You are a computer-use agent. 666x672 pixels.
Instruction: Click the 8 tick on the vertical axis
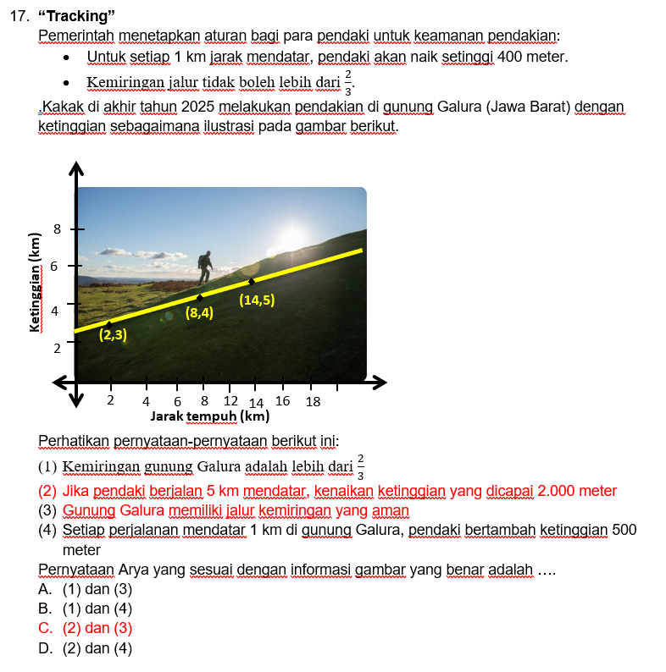tap(57, 229)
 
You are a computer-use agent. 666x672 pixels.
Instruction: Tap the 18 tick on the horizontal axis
tap(313, 401)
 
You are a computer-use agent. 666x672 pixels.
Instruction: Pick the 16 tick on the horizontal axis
tap(283, 400)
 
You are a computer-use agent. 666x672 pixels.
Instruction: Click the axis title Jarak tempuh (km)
tap(209, 416)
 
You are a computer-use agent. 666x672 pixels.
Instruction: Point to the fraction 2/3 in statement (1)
tap(361, 466)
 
